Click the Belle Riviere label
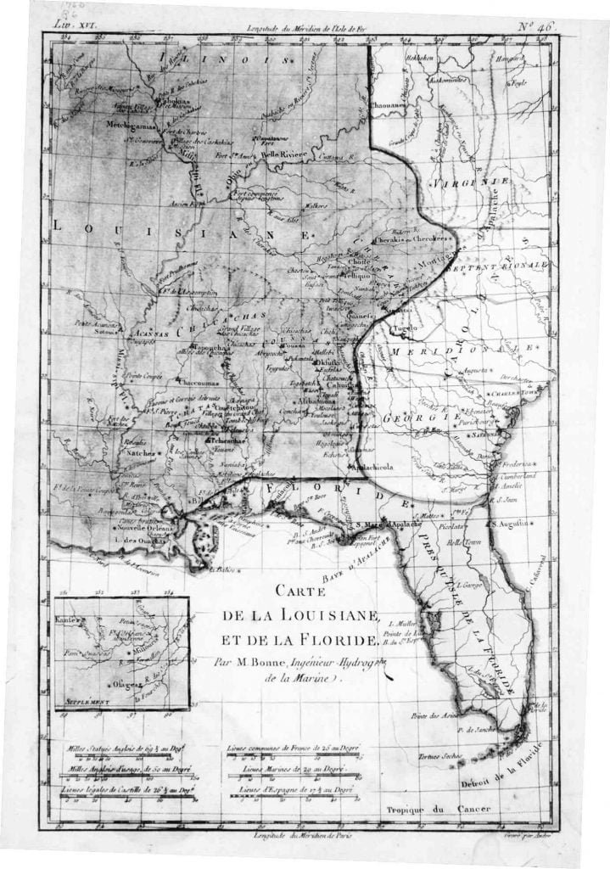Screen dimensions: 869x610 (281, 155)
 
